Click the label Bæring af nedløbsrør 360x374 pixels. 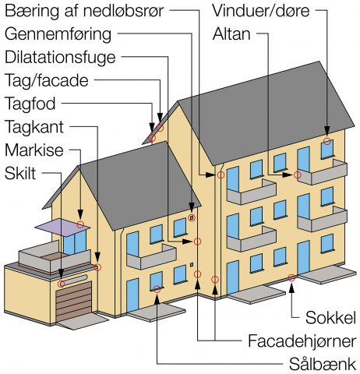(x=84, y=12)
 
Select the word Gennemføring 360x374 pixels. (x=58, y=34)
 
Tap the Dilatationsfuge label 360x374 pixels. (x=60, y=58)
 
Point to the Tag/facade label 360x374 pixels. (x=47, y=81)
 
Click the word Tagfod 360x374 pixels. (x=30, y=104)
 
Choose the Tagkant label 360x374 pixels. (x=34, y=127)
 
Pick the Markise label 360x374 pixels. (x=34, y=150)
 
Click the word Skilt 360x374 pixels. (x=20, y=173)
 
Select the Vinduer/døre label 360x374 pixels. (x=261, y=11)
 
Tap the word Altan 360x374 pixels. (x=231, y=34)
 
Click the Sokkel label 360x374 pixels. (x=330, y=317)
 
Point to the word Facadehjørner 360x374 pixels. (x=302, y=341)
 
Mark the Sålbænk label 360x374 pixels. (x=323, y=364)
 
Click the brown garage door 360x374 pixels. (x=74, y=301)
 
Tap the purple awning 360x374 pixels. (x=62, y=228)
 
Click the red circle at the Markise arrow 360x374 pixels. (x=80, y=224)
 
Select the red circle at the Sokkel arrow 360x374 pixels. (x=291, y=277)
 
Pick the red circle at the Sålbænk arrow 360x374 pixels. (x=157, y=288)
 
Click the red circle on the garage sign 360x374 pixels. (x=61, y=284)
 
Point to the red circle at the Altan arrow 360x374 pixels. (x=298, y=175)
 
